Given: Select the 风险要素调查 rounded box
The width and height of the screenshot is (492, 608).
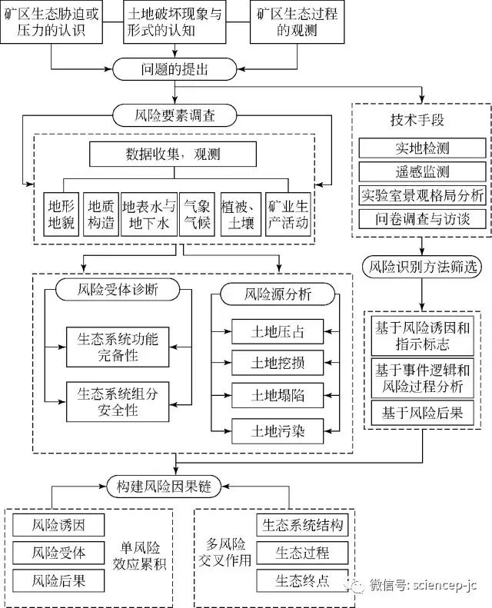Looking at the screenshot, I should click(x=175, y=117).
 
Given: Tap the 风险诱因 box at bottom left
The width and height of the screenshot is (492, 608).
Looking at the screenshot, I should click(x=58, y=526).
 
